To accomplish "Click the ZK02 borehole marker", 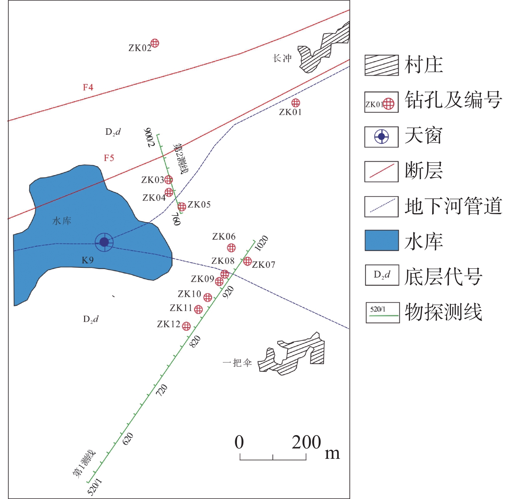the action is click(x=155, y=43).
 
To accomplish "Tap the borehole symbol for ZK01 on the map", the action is click(x=296, y=103).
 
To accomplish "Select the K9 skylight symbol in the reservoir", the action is click(x=104, y=242).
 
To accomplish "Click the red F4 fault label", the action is click(x=88, y=87).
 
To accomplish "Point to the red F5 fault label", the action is click(x=109, y=158).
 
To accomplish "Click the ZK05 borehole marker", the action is click(x=182, y=206).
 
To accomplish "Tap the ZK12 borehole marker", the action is click(x=186, y=326).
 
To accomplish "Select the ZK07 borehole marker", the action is click(x=248, y=261).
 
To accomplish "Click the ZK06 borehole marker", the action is click(x=231, y=248).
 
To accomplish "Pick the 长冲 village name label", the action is click(x=282, y=58).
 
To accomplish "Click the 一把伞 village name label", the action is click(x=237, y=363).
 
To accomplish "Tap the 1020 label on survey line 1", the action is click(x=261, y=243).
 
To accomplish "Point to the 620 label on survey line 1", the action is click(x=128, y=438).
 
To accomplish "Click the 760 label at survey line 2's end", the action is click(x=176, y=219).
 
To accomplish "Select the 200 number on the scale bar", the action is click(x=306, y=442).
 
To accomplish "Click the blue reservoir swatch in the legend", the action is click(x=382, y=240).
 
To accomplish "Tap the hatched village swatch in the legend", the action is click(x=382, y=65).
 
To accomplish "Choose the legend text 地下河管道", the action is click(x=453, y=206).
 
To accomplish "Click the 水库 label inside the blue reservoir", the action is click(x=62, y=221).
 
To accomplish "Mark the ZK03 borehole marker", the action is click(x=168, y=180).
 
